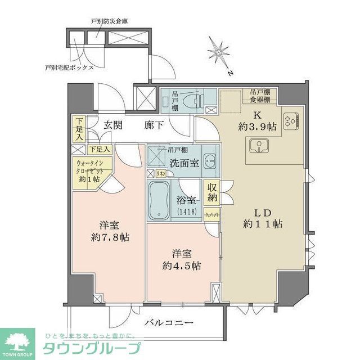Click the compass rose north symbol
pyautogui.click(x=220, y=54)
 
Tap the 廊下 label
pyautogui.click(x=156, y=125)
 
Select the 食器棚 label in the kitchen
pyautogui.click(x=260, y=101)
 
